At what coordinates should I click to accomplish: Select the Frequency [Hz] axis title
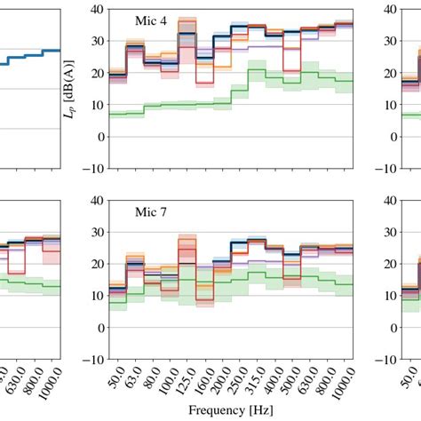pos(229,409)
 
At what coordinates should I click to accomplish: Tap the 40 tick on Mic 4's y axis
pos(95,9)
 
